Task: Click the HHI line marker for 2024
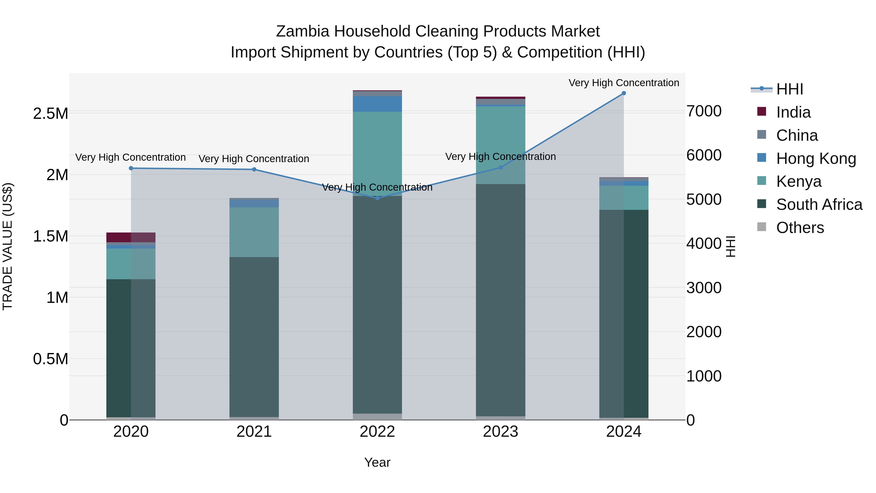pos(624,93)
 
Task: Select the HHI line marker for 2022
pos(377,198)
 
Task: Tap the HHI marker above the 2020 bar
pos(131,168)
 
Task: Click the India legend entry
pos(793,112)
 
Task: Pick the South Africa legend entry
pos(819,205)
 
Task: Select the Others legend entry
pos(800,228)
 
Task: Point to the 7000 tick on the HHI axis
pos(703,111)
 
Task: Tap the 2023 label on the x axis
pos(500,432)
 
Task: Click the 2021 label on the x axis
pos(254,432)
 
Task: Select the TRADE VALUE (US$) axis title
pos(8,246)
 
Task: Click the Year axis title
pos(377,462)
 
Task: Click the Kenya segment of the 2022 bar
pos(377,150)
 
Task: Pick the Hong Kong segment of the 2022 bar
pos(377,104)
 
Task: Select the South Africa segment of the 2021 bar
pos(254,337)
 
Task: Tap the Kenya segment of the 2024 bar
pos(624,198)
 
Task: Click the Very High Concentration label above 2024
pos(624,83)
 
